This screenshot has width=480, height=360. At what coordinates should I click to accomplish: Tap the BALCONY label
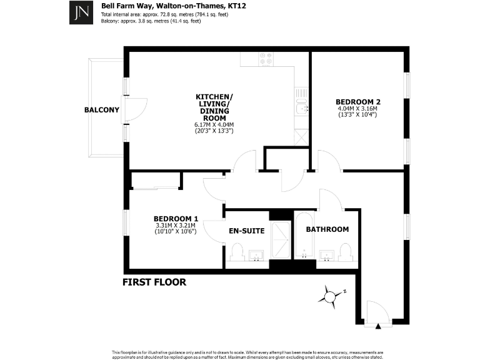click(x=101, y=110)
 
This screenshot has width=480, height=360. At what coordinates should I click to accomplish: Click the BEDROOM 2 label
click(x=357, y=102)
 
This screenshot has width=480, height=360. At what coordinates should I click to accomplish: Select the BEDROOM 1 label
click(x=175, y=218)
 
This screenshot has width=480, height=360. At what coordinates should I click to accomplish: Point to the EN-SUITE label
click(x=247, y=231)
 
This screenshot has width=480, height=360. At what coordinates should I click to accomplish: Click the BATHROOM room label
click(x=327, y=229)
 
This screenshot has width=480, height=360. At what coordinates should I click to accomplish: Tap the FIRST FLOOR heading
click(x=154, y=282)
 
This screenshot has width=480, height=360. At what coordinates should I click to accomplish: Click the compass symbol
click(x=329, y=294)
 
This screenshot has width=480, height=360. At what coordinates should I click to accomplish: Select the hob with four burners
click(x=266, y=59)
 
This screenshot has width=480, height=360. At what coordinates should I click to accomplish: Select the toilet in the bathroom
click(x=346, y=252)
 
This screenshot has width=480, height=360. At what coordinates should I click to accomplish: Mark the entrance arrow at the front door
click(x=379, y=326)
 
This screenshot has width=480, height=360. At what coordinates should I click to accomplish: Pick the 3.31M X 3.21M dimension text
click(x=175, y=225)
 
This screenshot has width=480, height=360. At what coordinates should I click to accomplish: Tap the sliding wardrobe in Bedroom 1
click(x=154, y=181)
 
